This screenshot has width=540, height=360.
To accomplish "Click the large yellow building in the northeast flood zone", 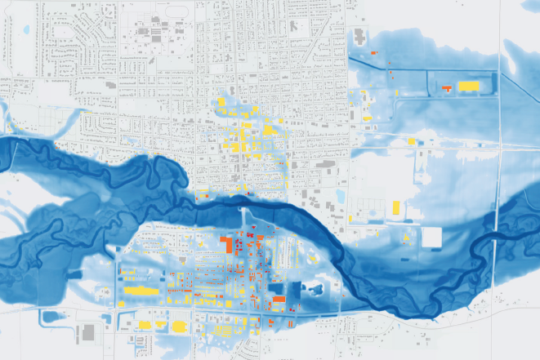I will point(468,86).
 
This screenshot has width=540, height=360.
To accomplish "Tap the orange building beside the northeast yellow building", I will point(447,87).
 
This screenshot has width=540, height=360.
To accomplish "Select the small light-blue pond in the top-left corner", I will point(26,30).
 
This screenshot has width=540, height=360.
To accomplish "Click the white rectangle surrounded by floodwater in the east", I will point(431,238).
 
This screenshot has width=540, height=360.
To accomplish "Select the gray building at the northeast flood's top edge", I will point(359,37).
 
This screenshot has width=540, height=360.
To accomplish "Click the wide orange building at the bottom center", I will point(279,300).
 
